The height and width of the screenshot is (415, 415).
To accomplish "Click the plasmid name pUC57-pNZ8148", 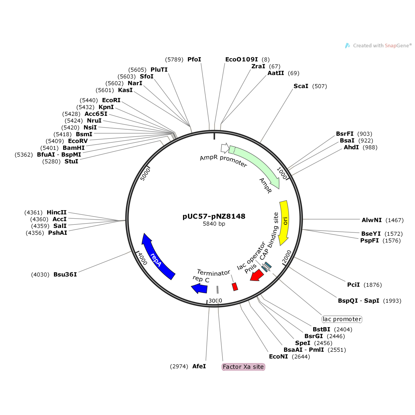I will pyautogui.click(x=214, y=216).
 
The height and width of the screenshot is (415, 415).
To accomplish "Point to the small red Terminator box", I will pyautogui.click(x=235, y=287).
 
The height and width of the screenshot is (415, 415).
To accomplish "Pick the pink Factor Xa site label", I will pyautogui.click(x=243, y=367).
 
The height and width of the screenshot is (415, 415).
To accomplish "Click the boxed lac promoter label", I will pyautogui.click(x=342, y=319).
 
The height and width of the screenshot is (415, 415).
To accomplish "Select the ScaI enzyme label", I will pyautogui.click(x=301, y=86).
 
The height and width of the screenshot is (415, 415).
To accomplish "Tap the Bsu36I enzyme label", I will pyautogui.click(x=65, y=275).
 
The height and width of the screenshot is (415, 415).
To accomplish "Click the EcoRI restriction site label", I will pyautogui.click(x=111, y=100).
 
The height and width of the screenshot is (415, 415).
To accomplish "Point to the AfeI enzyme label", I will pyautogui.click(x=199, y=366).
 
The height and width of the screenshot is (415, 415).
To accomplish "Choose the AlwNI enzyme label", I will pyautogui.click(x=372, y=220).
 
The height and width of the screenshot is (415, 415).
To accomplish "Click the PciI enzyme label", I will pyautogui.click(x=353, y=285).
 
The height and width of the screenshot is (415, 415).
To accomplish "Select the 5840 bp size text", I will pyautogui.click(x=214, y=224).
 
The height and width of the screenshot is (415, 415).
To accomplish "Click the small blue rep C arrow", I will pyautogui.click(x=200, y=289).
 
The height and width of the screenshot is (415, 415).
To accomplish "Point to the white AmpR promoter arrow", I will pyautogui.click(x=225, y=148).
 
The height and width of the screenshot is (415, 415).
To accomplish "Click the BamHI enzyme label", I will pyautogui.click(x=74, y=148).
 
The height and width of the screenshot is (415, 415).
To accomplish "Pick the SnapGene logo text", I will pyautogui.click(x=382, y=46).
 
